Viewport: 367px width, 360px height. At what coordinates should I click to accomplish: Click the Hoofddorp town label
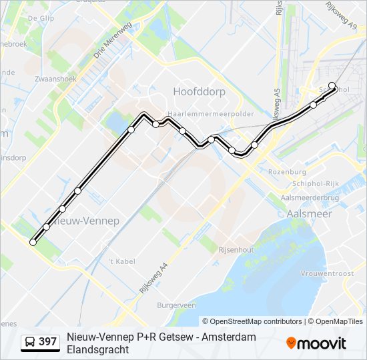(199, 91)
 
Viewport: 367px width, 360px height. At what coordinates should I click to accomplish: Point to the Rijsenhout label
(237, 249)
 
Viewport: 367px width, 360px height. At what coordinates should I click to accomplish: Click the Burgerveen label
(176, 305)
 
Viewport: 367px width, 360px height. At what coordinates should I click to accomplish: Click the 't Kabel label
(121, 261)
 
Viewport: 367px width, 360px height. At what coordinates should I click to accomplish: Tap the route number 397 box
(47, 342)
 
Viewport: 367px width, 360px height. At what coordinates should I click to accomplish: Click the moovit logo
(316, 343)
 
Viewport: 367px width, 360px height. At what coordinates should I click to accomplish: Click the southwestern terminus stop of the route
(33, 243)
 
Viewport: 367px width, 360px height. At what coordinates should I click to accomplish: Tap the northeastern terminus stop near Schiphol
(332, 85)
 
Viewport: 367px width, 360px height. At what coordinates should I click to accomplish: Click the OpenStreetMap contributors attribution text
(256, 321)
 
